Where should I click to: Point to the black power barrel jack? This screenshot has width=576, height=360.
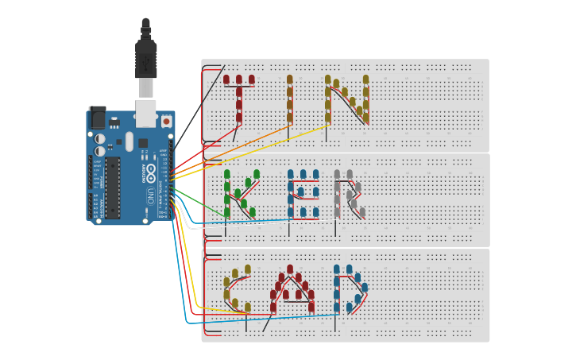97,118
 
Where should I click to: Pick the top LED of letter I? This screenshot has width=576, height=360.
290,79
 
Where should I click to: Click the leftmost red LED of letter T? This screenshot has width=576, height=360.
226,79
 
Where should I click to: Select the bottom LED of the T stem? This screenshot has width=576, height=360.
239,117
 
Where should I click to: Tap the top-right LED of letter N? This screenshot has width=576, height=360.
366,79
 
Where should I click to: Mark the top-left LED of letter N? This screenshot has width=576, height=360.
327,79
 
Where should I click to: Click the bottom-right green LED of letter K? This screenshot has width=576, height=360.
253,212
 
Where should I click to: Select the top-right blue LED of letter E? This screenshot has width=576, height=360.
315,174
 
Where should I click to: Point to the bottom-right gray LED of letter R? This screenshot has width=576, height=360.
362,212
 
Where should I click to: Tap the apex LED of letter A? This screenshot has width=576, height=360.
290,269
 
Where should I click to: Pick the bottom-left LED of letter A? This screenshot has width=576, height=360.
273,307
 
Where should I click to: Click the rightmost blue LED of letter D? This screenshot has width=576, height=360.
365,288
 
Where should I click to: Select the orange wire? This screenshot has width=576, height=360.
238,147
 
